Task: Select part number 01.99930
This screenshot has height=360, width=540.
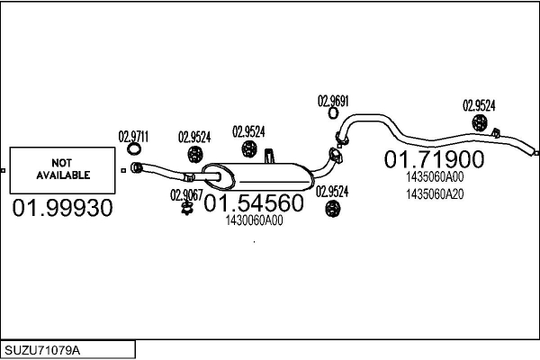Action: coord(62,208)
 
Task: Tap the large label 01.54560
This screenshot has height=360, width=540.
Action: coord(254,202)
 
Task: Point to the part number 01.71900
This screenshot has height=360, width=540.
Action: coord(434,159)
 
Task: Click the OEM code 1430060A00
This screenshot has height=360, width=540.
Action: coord(254,220)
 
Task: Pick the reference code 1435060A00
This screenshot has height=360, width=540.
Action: coord(435,176)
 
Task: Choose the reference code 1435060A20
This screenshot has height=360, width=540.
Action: coord(435,194)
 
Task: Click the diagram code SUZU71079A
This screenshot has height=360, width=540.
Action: coord(42,350)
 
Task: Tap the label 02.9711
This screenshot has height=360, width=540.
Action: coord(133,137)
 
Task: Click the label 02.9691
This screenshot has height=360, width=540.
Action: coord(333,101)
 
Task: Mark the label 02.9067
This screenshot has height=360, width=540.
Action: coord(186,195)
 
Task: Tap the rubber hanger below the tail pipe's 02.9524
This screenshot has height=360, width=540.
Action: coord(479,123)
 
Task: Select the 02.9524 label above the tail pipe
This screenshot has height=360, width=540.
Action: coord(479,105)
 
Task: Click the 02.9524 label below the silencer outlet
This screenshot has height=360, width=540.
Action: coord(332,192)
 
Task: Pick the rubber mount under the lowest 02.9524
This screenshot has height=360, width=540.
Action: coord(332,209)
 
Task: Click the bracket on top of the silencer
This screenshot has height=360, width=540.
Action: coord(269,156)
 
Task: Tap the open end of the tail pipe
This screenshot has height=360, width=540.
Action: coord(535,153)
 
